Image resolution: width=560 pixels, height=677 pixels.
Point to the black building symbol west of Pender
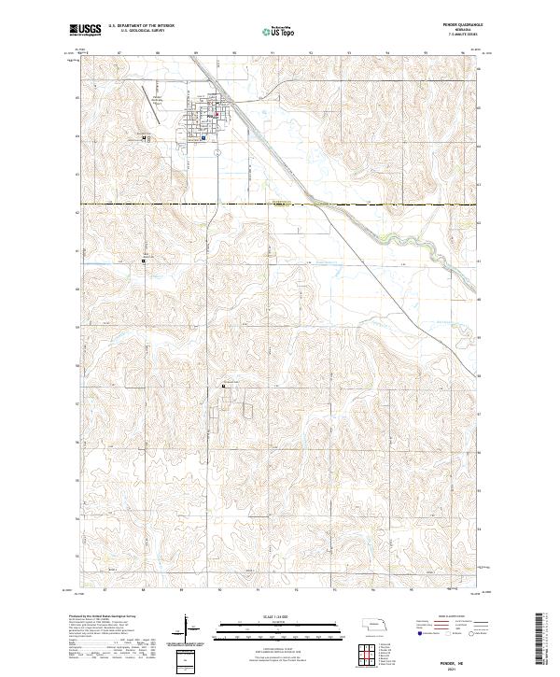tap(144, 137)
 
